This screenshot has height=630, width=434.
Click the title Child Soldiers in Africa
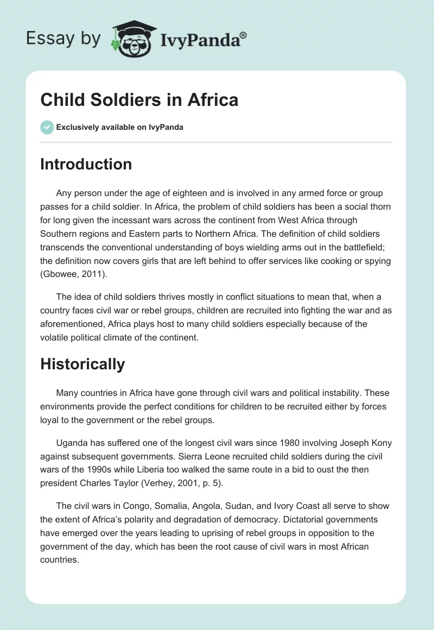coord(139,100)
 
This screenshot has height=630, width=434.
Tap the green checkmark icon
coord(47,127)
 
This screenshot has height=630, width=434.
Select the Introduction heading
coord(86,164)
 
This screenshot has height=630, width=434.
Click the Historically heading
coord(82,364)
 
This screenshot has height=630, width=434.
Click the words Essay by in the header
coord(62,39)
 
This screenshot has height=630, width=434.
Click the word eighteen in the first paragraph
coord(194,194)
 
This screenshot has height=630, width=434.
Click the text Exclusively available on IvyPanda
coord(120,128)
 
